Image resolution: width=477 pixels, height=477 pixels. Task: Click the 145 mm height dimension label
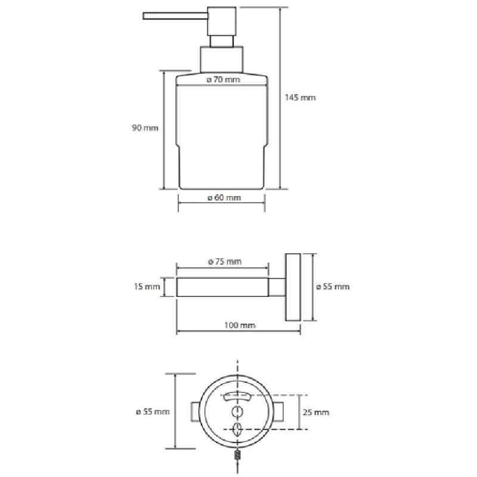(x=301, y=98)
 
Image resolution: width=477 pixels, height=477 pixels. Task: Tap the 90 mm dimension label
(x=145, y=128)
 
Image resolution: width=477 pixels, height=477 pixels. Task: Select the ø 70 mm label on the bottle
(x=223, y=80)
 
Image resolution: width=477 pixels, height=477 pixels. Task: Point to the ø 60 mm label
(x=224, y=198)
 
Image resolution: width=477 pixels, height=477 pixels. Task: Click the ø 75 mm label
(x=225, y=262)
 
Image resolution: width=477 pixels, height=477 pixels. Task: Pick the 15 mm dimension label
(x=147, y=287)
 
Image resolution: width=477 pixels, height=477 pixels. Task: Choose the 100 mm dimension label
(x=240, y=325)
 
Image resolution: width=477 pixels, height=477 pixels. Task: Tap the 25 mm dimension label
(x=316, y=413)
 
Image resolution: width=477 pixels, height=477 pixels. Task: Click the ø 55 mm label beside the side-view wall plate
(x=333, y=287)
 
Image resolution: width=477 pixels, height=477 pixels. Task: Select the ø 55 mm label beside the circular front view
(x=153, y=411)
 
